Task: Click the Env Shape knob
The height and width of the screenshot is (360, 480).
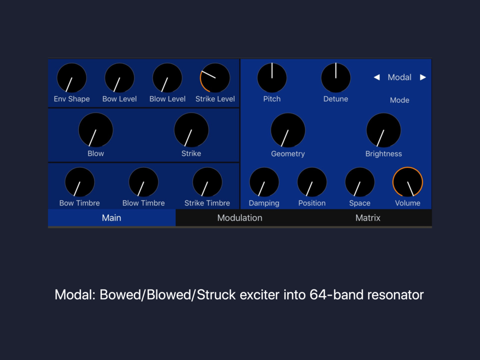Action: coord(72,78)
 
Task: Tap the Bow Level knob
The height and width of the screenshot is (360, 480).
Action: coord(120,78)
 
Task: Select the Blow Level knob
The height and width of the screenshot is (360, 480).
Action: coord(167,78)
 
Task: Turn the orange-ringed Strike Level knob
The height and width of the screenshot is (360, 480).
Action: coord(215,78)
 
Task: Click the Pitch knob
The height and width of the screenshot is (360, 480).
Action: coord(272,78)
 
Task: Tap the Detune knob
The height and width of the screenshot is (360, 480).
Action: coord(335,78)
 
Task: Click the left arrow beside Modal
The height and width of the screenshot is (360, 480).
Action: coord(377,77)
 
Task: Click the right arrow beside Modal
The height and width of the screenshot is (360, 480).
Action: coord(423,77)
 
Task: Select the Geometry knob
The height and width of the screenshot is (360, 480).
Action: coord(288,130)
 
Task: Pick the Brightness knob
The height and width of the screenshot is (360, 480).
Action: coord(383,130)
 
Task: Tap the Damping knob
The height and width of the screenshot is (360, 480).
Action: coord(264,182)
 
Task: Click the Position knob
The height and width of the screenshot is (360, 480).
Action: coord(312,182)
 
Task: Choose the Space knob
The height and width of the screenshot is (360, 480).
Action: coord(359,182)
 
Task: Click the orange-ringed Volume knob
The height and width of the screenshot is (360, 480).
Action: coord(407,182)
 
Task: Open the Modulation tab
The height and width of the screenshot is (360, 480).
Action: coord(240,218)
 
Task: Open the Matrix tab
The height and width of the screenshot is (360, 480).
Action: coord(368,218)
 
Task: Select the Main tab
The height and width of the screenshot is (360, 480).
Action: coord(112,218)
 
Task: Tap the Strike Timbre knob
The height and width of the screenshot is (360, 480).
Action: coord(207,182)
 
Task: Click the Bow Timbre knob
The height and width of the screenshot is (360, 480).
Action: coord(80,182)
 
